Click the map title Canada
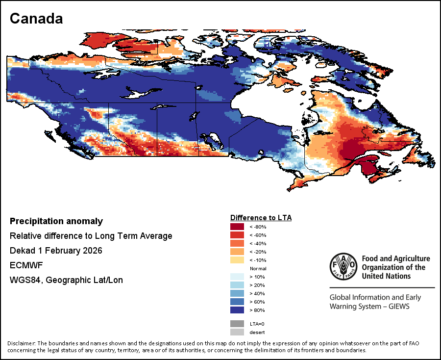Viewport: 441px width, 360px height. point(36,19)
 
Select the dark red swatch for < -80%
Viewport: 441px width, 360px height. point(237,227)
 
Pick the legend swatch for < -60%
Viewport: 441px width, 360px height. point(237,235)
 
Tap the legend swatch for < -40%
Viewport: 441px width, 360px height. point(237,243)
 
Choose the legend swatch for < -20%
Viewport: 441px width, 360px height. point(237,252)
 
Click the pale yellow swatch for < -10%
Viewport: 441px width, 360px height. point(237,260)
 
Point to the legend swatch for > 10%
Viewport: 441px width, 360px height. point(237,277)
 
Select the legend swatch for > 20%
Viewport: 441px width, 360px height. point(237,285)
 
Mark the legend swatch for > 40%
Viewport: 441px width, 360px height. point(237,293)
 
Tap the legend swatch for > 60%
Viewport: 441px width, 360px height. point(237,302)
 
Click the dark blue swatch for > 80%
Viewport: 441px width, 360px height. point(237,310)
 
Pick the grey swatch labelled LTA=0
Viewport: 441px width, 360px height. point(237,324)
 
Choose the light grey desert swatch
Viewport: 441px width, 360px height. point(237,332)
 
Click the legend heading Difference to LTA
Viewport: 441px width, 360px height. point(261,217)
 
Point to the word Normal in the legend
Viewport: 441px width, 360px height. point(258,269)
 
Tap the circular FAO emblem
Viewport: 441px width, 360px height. point(343,267)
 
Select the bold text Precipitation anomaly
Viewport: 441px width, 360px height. point(56,221)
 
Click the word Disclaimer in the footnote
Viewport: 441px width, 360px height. point(22,343)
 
